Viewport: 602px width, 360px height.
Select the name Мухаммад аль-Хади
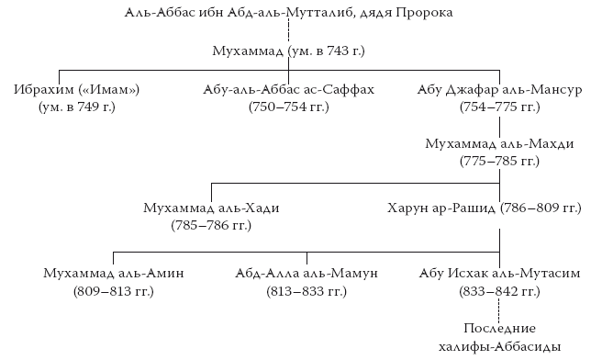tap(212, 208)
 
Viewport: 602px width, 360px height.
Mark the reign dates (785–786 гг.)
tap(212, 226)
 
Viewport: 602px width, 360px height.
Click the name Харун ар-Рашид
tap(441, 208)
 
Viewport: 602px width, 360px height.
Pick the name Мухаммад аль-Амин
tap(113, 273)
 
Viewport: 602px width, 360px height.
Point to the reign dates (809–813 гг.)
tap(113, 291)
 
